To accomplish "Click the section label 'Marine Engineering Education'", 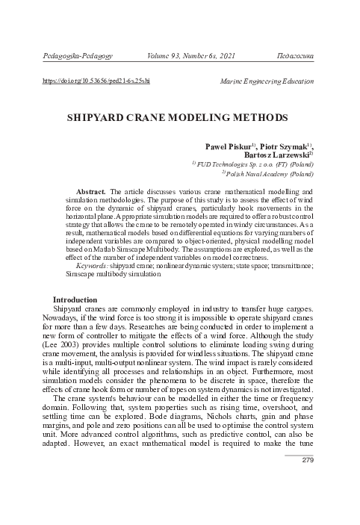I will pos(267,80).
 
